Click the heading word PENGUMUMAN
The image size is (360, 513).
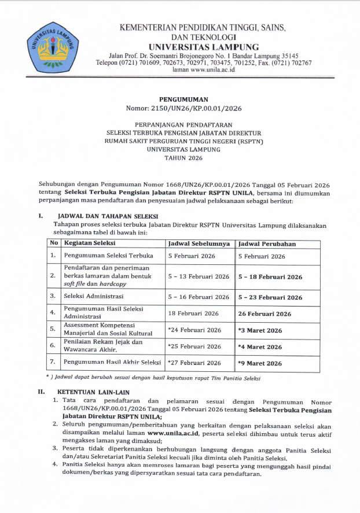tap(183, 99)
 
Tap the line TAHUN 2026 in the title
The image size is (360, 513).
tap(183, 157)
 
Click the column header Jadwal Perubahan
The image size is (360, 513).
tap(267, 243)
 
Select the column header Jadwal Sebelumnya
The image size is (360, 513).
tap(199, 243)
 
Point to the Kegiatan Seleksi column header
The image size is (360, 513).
tap(90, 243)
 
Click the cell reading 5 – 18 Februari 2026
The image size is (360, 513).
tap(270, 277)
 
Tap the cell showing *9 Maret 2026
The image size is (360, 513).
tap(260, 363)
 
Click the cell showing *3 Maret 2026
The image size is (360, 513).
tap(260, 330)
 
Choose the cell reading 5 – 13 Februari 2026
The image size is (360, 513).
tap(199, 277)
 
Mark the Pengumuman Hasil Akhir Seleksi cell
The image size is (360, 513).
tap(112, 363)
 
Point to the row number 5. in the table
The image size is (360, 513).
tap(53, 330)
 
